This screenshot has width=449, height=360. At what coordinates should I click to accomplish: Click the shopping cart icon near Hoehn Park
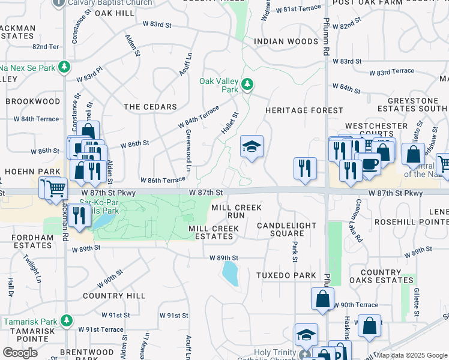point(56,188)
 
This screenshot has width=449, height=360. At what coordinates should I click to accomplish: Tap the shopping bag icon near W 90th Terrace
point(323,298)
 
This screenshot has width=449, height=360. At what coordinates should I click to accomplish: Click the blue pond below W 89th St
point(230,274)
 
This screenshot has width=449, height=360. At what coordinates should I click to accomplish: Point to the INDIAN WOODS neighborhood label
point(286,41)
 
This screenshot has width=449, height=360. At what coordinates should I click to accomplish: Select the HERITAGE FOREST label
point(304,110)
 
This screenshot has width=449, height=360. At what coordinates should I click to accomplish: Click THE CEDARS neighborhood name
point(150,107)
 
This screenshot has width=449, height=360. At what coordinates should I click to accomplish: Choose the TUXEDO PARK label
point(286,275)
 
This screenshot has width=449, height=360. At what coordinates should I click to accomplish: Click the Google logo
point(20,352)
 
